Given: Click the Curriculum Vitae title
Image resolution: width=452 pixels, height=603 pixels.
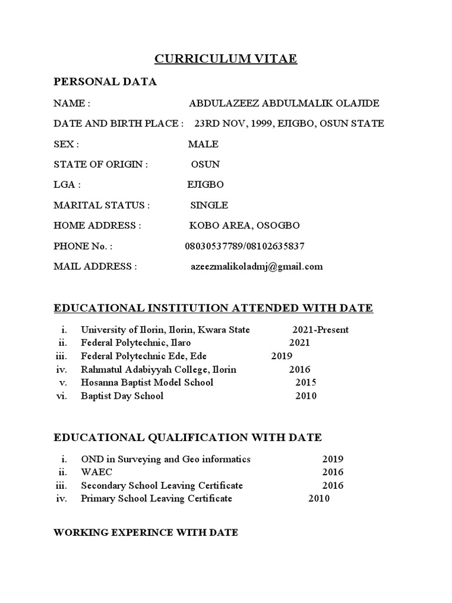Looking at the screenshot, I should (x=225, y=59).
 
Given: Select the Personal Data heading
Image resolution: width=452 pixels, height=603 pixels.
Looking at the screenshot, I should (x=105, y=82).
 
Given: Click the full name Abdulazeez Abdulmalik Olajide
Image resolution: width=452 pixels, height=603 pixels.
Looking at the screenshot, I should (x=284, y=104).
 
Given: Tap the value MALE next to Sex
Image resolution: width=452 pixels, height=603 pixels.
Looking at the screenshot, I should (x=203, y=144).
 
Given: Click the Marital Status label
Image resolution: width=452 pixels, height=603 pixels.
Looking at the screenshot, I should (x=102, y=206).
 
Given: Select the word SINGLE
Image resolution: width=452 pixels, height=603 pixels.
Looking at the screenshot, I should (x=209, y=206).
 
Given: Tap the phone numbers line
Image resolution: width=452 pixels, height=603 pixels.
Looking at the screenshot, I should (x=245, y=246).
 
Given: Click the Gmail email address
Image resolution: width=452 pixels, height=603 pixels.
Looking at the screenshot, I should (x=256, y=266).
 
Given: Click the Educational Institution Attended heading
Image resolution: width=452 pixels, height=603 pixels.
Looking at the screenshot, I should (x=213, y=308).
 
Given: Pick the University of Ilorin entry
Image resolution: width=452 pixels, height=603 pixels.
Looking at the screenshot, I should (x=165, y=330).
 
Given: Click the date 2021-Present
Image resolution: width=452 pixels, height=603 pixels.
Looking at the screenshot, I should (x=320, y=330).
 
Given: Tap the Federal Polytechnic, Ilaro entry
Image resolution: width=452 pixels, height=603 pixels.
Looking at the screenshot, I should (x=136, y=343).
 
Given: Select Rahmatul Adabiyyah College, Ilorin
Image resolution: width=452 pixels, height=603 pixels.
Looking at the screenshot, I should (x=159, y=370).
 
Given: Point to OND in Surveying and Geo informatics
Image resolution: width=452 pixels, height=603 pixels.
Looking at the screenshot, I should (x=166, y=459).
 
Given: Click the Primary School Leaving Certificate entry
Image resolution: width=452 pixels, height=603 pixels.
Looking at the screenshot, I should (x=157, y=499).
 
